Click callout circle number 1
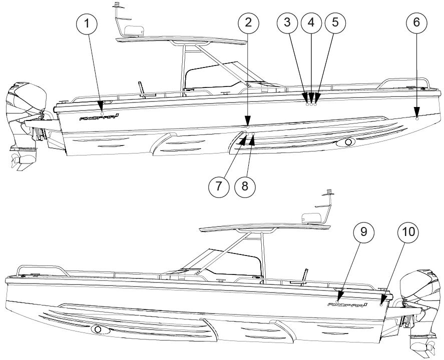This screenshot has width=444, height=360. [89, 23]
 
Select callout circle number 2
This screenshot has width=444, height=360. [249, 23]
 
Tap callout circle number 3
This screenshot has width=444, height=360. [287, 23]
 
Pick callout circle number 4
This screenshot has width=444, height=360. [311, 23]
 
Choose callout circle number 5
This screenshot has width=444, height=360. [335, 23]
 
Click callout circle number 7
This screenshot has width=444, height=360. [219, 185]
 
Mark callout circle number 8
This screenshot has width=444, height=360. [245, 185]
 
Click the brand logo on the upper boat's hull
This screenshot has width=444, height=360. [99, 118]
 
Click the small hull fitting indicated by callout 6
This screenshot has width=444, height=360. [417, 118]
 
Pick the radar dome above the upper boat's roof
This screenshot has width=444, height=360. [133, 31]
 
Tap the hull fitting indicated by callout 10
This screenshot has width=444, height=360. [381, 303]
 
